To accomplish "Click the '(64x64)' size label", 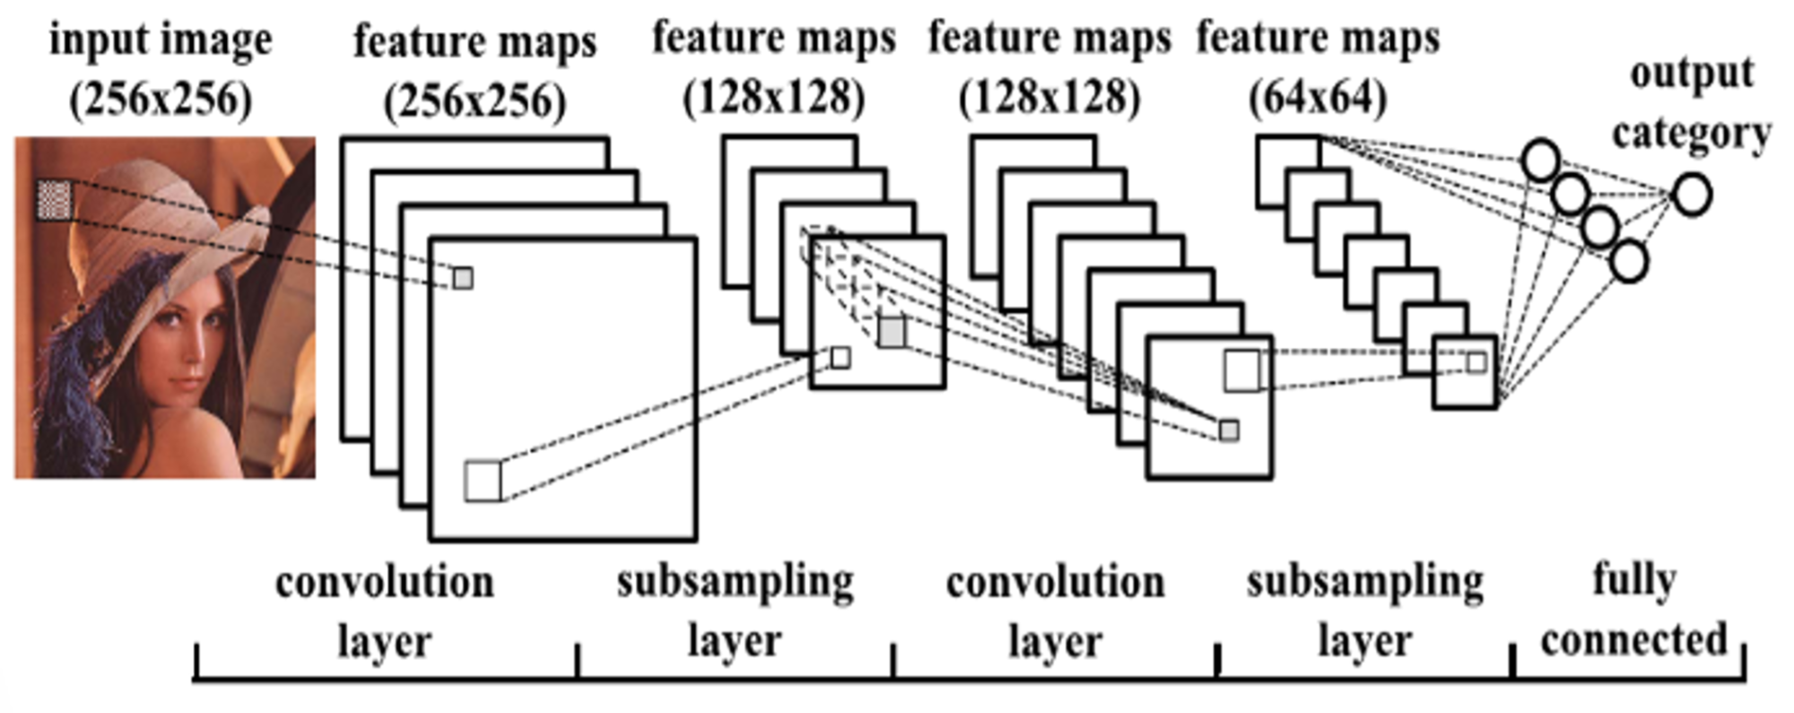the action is (1318, 97).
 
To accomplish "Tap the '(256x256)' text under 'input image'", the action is (161, 99).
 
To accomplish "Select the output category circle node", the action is (1692, 195).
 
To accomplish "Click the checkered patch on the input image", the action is (55, 199).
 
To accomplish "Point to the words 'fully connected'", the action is (1633, 610).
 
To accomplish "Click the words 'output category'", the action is (1692, 103).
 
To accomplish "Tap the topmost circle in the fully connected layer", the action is (1541, 161).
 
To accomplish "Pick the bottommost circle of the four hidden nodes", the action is (1629, 261).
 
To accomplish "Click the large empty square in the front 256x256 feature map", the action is (483, 481).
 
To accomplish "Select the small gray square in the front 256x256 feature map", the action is (462, 278).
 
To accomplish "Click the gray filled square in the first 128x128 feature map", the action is (892, 332).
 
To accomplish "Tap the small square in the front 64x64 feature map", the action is (1476, 362).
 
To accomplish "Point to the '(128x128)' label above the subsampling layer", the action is (774, 97).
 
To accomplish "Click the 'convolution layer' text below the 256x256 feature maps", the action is (385, 612).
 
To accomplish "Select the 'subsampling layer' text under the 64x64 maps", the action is (1364, 612).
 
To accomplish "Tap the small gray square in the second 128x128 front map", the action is (1229, 430).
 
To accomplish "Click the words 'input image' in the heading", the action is (161, 41).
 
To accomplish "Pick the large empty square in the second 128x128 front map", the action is (1241, 371).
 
